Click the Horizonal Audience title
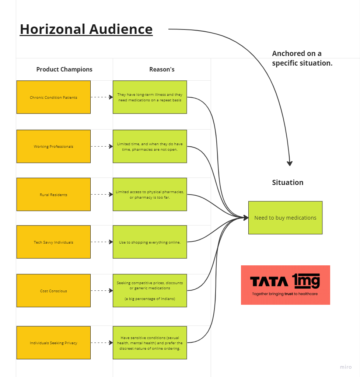pyautogui.click(x=86, y=29)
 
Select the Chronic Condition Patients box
pyautogui.click(x=53, y=97)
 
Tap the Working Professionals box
pyautogui.click(x=53, y=146)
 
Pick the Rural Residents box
pyautogui.click(x=53, y=195)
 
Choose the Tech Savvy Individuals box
pyautogui.click(x=53, y=242)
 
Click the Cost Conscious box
pyautogui.click(x=53, y=291)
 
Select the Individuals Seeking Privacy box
pyautogui.click(x=53, y=343)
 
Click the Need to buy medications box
pyautogui.click(x=285, y=218)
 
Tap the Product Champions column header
pyautogui.click(x=64, y=69)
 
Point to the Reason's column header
pyautogui.click(x=162, y=69)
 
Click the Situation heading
pyautogui.click(x=287, y=182)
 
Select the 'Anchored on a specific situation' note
pyautogui.click(x=302, y=58)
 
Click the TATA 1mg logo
pyautogui.click(x=285, y=285)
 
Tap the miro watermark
pyautogui.click(x=346, y=367)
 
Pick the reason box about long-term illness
pyautogui.click(x=150, y=97)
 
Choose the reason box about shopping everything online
pyautogui.click(x=150, y=242)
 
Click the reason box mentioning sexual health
pyautogui.click(x=150, y=343)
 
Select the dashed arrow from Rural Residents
pyautogui.click(x=101, y=195)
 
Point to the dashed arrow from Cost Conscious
pyautogui.click(x=101, y=291)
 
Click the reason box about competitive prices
pyautogui.click(x=150, y=291)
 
